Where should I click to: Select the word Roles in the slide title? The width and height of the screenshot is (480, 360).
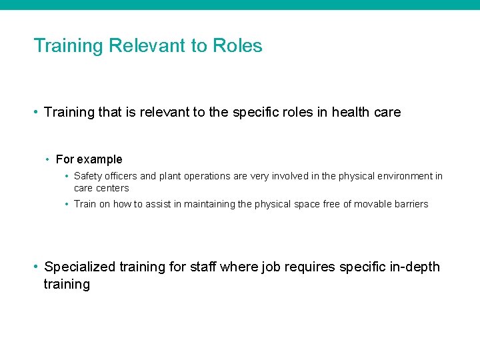pyautogui.click(x=237, y=46)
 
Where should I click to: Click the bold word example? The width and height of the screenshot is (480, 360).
pyautogui.click(x=100, y=159)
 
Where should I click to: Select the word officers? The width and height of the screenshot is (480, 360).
pyautogui.click(x=121, y=176)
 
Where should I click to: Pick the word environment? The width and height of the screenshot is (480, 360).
pyautogui.click(x=399, y=176)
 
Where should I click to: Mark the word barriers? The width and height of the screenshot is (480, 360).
pyautogui.click(x=409, y=204)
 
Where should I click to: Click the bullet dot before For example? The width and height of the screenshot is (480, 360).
pyautogui.click(x=48, y=160)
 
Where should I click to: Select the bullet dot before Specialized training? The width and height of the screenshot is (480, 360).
pyautogui.click(x=36, y=267)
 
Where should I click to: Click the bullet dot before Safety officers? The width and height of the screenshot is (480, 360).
pyautogui.click(x=67, y=177)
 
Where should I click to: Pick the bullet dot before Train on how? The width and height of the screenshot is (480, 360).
pyautogui.click(x=67, y=205)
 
